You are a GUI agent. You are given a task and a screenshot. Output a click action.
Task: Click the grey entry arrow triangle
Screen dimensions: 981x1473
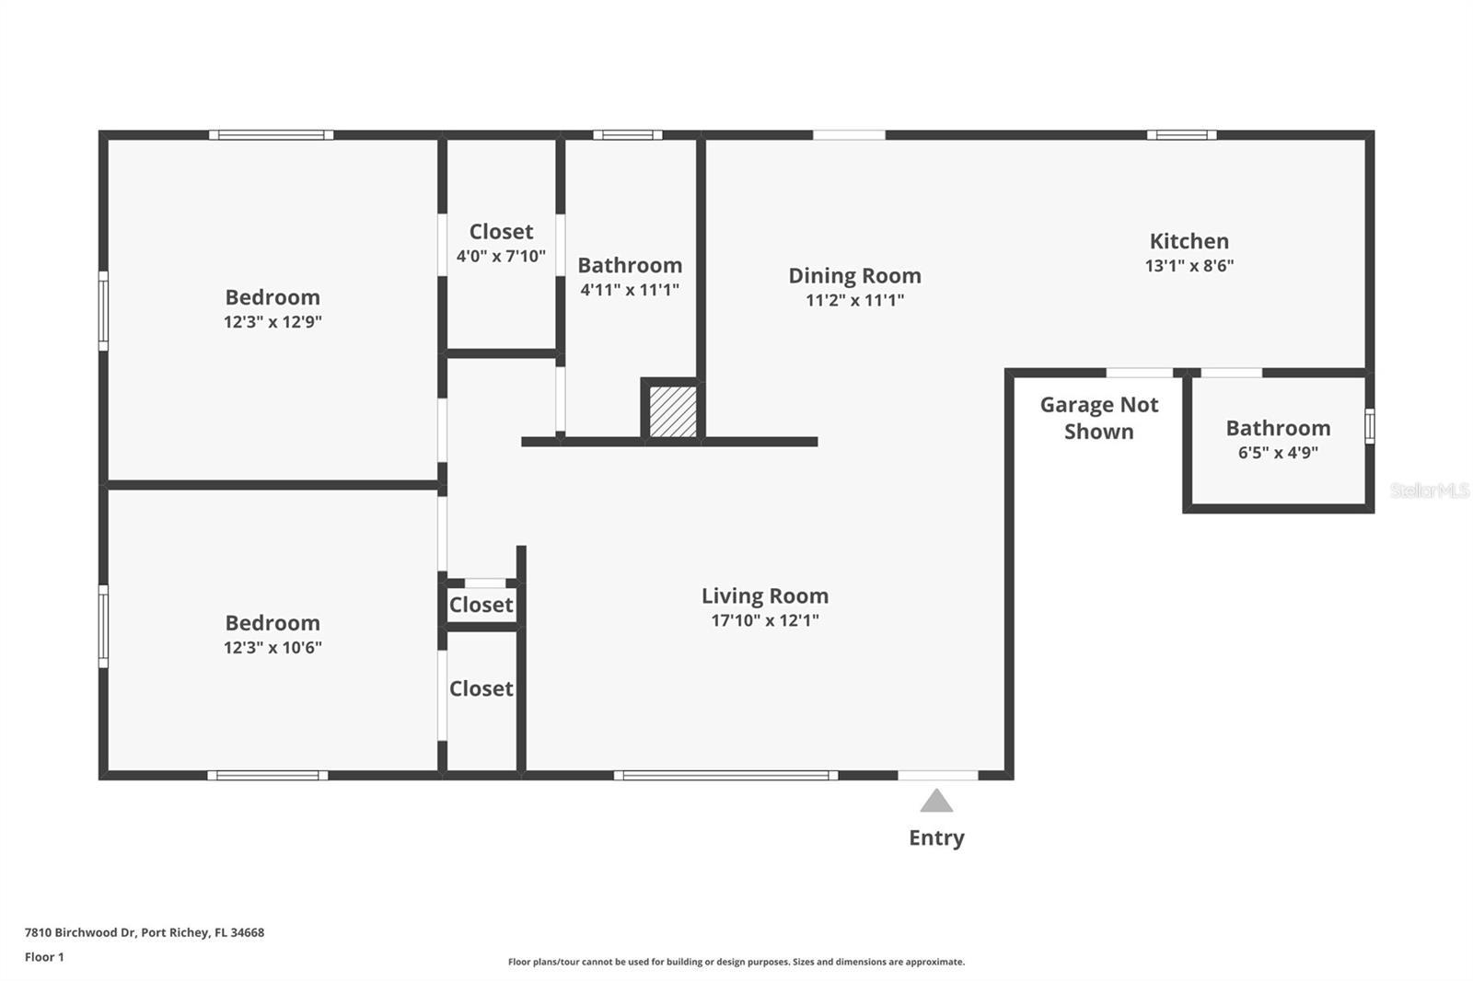[x=936, y=802]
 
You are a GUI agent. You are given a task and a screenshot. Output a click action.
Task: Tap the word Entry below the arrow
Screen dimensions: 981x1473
[x=936, y=837]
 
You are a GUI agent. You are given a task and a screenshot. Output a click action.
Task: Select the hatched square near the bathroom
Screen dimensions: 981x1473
[x=673, y=411]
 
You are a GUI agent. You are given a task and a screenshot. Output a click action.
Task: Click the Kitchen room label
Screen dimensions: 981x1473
[x=1189, y=241]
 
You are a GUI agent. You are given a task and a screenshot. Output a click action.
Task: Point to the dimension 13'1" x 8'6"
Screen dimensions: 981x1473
[x=1189, y=266]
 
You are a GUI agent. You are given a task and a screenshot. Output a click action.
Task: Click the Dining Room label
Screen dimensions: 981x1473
[x=854, y=275]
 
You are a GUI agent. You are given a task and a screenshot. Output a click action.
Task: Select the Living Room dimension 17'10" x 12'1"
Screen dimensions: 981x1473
[x=764, y=620]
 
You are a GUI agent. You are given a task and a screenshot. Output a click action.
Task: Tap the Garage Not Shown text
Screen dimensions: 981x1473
[x=1098, y=418]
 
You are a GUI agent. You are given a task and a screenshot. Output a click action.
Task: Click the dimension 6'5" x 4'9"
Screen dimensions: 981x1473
[x=1278, y=453]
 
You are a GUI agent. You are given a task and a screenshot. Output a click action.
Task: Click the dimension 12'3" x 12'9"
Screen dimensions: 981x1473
[x=273, y=322]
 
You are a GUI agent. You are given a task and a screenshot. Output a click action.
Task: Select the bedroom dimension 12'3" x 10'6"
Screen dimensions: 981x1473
[x=273, y=648]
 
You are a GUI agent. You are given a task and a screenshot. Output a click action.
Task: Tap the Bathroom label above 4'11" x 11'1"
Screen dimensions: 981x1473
[x=630, y=265]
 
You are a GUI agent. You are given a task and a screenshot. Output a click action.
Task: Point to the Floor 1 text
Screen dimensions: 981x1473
[x=44, y=957]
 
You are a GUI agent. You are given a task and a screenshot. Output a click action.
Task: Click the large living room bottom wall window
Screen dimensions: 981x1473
[x=725, y=776]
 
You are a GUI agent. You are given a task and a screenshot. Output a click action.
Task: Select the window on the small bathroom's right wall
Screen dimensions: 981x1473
[x=1369, y=426]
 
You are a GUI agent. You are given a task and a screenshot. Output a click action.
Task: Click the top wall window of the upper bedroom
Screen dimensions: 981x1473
[x=271, y=135]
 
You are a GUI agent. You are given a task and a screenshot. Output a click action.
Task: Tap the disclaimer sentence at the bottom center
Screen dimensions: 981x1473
[x=736, y=962]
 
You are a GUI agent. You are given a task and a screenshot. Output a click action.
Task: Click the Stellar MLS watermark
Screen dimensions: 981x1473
[x=1429, y=490]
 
